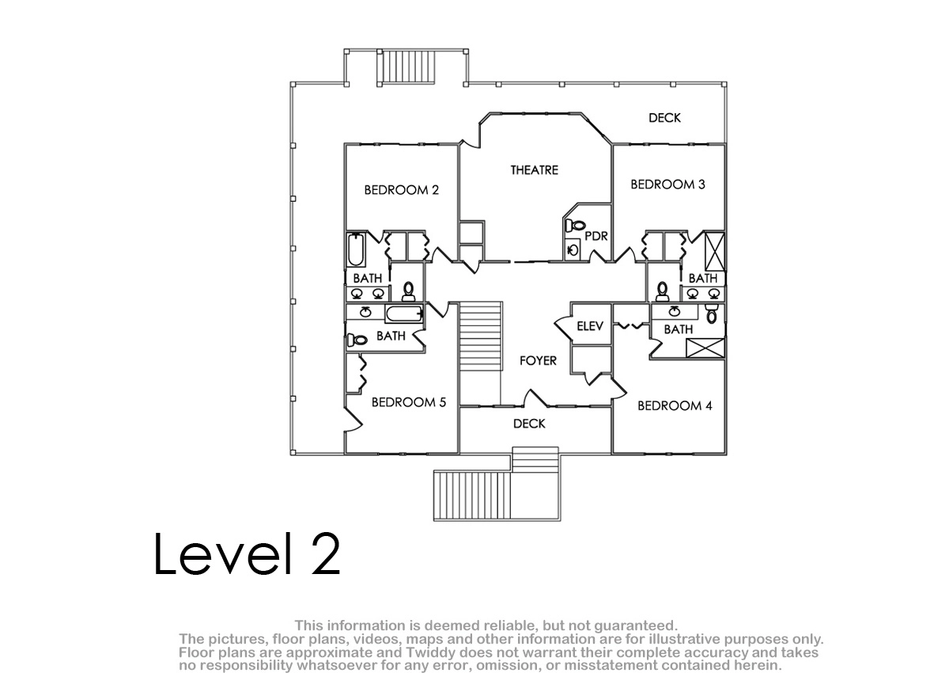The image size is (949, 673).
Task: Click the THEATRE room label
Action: click(x=535, y=170)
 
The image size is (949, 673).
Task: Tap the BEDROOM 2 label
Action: click(x=401, y=190)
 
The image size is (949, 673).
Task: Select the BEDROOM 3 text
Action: click(x=667, y=184)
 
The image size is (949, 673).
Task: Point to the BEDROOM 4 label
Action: click(x=675, y=406)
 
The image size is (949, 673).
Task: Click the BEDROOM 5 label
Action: click(x=409, y=402)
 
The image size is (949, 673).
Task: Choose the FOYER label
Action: click(x=538, y=360)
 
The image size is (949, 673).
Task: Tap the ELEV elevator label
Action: click(x=590, y=326)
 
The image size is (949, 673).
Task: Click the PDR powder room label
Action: click(x=596, y=236)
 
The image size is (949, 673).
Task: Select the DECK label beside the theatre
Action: click(x=664, y=118)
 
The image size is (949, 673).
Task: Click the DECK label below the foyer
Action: click(x=529, y=424)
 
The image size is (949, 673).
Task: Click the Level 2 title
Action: click(x=248, y=554)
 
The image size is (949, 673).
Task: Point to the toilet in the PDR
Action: click(x=575, y=225)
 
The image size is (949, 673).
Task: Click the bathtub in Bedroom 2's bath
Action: click(x=356, y=249)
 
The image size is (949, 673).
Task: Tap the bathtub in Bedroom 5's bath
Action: click(x=404, y=314)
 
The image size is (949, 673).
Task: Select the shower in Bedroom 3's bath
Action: click(x=714, y=251)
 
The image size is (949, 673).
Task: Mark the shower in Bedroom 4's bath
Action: click(x=705, y=348)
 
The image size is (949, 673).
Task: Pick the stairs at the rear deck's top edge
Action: click(x=406, y=67)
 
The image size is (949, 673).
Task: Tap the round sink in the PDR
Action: click(x=573, y=249)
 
